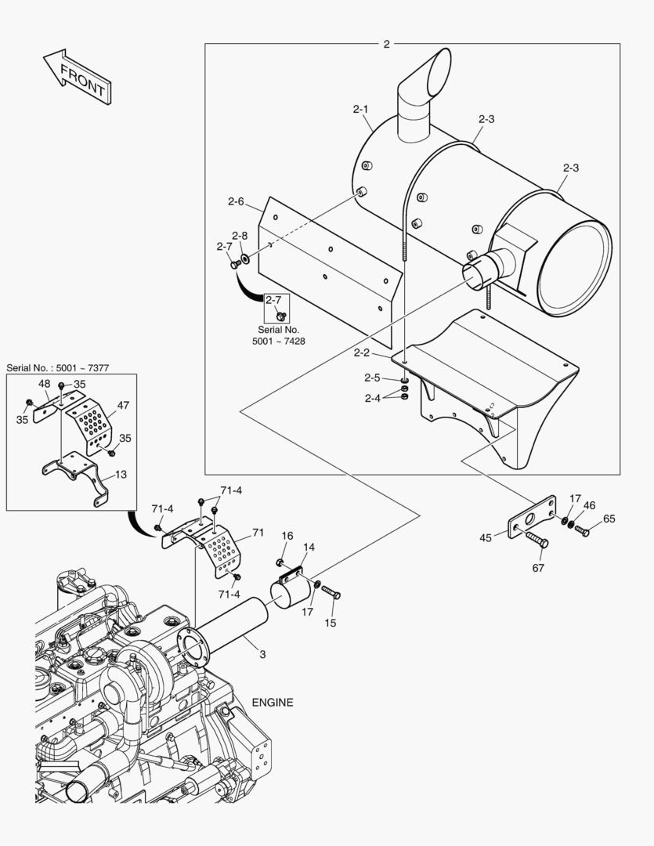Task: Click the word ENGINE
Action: [273, 703]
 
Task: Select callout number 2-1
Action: [360, 110]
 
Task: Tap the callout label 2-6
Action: [236, 202]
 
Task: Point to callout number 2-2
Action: [361, 352]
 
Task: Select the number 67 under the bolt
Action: [538, 568]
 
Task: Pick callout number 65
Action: [609, 519]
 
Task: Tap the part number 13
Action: [121, 474]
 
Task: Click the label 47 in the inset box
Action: [123, 406]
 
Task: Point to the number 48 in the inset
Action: [44, 385]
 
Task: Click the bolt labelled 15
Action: [331, 591]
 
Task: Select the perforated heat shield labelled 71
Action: [222, 548]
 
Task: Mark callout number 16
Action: [287, 536]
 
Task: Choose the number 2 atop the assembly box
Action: [386, 45]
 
